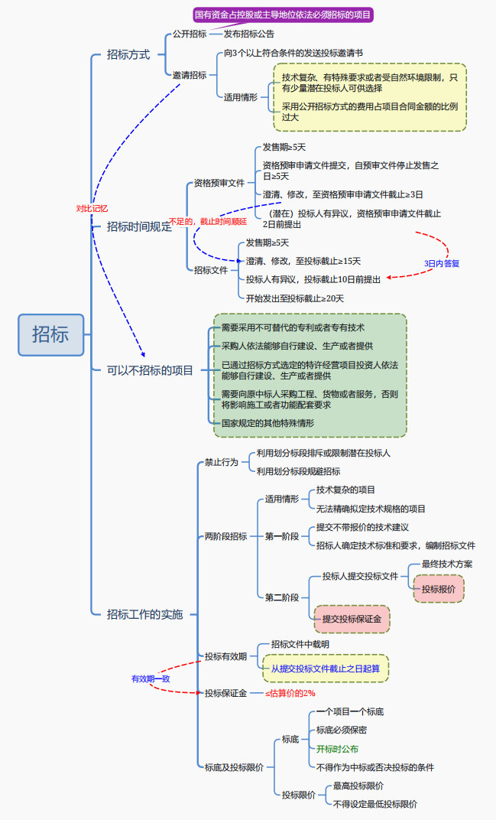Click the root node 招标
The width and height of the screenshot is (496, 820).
(50, 334)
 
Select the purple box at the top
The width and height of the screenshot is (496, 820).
(282, 15)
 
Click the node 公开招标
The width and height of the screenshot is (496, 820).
(189, 34)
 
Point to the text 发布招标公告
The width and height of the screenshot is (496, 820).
(249, 34)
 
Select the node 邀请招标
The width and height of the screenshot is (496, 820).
(189, 75)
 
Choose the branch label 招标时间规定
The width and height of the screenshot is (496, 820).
(139, 226)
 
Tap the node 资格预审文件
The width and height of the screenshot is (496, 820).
(219, 184)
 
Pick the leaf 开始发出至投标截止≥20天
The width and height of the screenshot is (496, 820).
(294, 298)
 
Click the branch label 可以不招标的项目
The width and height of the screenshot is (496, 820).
(150, 370)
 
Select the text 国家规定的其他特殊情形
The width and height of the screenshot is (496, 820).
(267, 422)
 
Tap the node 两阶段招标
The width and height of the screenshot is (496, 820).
(225, 536)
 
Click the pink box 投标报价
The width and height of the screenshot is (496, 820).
(439, 589)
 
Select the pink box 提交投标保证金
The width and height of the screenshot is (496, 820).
(352, 618)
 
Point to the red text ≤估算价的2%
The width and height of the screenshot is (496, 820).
(290, 693)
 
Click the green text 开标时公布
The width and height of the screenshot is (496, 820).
(337, 749)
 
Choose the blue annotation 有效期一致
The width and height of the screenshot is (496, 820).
(151, 678)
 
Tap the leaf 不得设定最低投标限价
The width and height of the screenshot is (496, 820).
(374, 804)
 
